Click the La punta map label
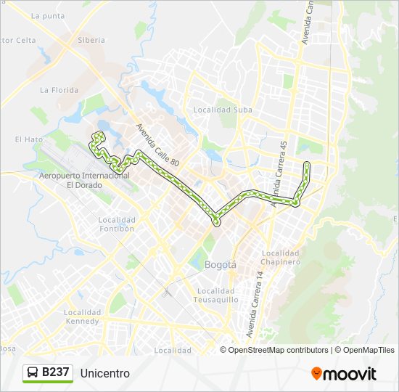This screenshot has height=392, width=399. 49,16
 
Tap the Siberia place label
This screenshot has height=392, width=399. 91,41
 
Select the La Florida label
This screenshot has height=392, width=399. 59,90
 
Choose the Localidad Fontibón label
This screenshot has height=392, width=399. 117,224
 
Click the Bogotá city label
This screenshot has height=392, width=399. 221,265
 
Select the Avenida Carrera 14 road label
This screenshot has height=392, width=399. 254,305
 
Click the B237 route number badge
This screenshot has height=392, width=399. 56,372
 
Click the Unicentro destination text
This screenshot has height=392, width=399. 105,373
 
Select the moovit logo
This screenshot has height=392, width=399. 344,374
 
